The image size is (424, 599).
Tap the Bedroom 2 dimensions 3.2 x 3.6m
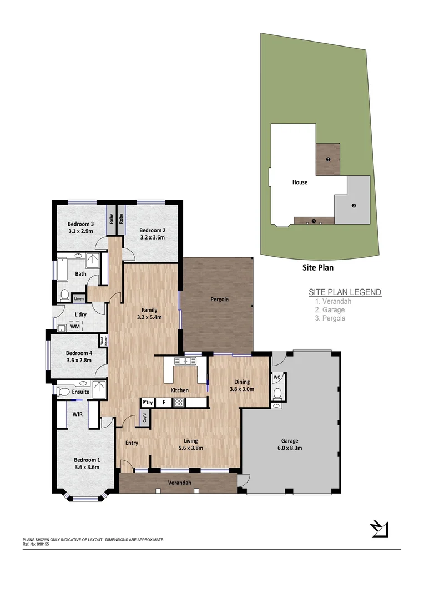coord(152,237)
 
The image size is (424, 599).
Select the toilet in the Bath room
coord(64,295)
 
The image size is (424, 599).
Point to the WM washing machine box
coord(74,327)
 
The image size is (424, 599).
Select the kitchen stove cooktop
coord(179,403)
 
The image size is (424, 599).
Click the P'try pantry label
coord(148,403)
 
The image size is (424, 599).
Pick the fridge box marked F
coord(163,403)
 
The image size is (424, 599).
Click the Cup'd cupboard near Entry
coord(144,418)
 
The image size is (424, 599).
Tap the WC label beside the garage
coord(277,377)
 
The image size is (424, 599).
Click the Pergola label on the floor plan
coord(219,299)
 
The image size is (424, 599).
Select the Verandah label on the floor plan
coord(180,483)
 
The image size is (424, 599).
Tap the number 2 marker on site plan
coord(354,205)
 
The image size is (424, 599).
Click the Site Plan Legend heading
coord(345,292)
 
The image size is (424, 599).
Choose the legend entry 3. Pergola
coord(330,318)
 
